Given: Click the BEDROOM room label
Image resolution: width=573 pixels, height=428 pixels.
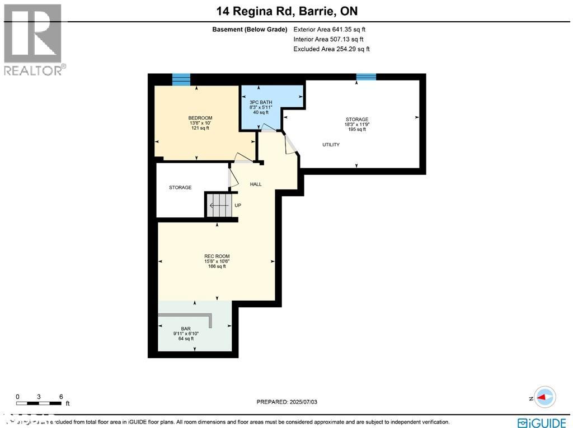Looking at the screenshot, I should coord(200,118).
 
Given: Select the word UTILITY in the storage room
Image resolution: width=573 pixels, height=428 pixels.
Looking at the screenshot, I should coord(331,145).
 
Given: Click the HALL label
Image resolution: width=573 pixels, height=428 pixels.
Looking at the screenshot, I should coord(256,184).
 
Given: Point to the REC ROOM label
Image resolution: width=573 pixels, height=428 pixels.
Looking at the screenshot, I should coord(217,256).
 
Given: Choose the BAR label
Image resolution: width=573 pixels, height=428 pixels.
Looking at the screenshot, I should coord(186,329).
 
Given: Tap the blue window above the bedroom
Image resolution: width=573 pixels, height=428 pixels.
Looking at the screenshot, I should coord(181,79).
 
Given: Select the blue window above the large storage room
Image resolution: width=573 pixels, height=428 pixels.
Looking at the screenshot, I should coord(366,77).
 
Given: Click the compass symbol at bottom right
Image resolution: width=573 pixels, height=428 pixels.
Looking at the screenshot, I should coord(544,397).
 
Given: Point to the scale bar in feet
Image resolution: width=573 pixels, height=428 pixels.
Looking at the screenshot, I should coord(39,402).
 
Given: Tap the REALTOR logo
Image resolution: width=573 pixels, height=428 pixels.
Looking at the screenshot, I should coord(34,39).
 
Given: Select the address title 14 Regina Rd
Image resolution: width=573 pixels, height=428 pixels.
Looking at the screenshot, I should coord(286,11).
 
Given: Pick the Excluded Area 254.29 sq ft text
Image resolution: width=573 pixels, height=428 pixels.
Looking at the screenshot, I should coord(331,49).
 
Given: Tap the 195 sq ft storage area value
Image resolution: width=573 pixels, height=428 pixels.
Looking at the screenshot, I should coord(356,130).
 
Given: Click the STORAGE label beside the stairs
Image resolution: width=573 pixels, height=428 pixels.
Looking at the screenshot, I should coord(180,188).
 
